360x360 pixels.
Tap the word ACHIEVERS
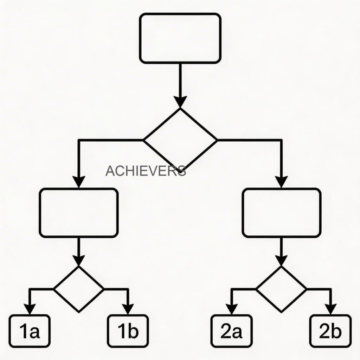pyautogui.click(x=146, y=171)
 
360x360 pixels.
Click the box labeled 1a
pyautogui.click(x=30, y=331)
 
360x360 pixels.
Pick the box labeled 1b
pyautogui.click(x=128, y=331)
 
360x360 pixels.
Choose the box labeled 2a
pyautogui.click(x=231, y=331)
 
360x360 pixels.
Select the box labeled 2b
pyautogui.click(x=330, y=331)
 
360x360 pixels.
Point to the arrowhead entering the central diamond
pyautogui.click(x=180, y=102)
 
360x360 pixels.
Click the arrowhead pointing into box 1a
pyautogui.click(x=30, y=309)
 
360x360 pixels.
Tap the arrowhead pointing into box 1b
pyautogui.click(x=128, y=309)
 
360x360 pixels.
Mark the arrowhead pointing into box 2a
pyautogui.click(x=232, y=309)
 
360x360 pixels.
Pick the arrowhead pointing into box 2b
pyautogui.click(x=330, y=309)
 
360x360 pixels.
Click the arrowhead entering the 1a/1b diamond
pyautogui.click(x=79, y=261)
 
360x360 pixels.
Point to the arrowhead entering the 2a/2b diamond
pyautogui.click(x=281, y=261)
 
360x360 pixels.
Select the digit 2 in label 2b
pyautogui.click(x=324, y=331)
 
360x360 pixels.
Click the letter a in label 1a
pyautogui.click(x=35, y=333)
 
